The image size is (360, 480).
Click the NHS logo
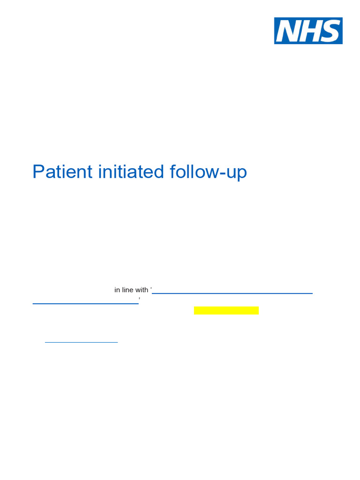(x=308, y=31)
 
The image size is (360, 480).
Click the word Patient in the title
(x=62, y=172)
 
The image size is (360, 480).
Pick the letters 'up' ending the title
(x=238, y=173)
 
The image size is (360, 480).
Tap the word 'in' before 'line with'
(x=117, y=290)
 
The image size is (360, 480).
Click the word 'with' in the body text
(x=142, y=290)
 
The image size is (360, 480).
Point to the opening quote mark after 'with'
(x=151, y=289)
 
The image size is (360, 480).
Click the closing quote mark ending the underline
(x=140, y=299)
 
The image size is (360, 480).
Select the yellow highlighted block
(x=226, y=311)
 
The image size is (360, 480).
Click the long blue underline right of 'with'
(x=232, y=293)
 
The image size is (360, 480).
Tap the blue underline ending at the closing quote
(x=85, y=304)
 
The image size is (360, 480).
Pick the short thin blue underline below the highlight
(x=81, y=342)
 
